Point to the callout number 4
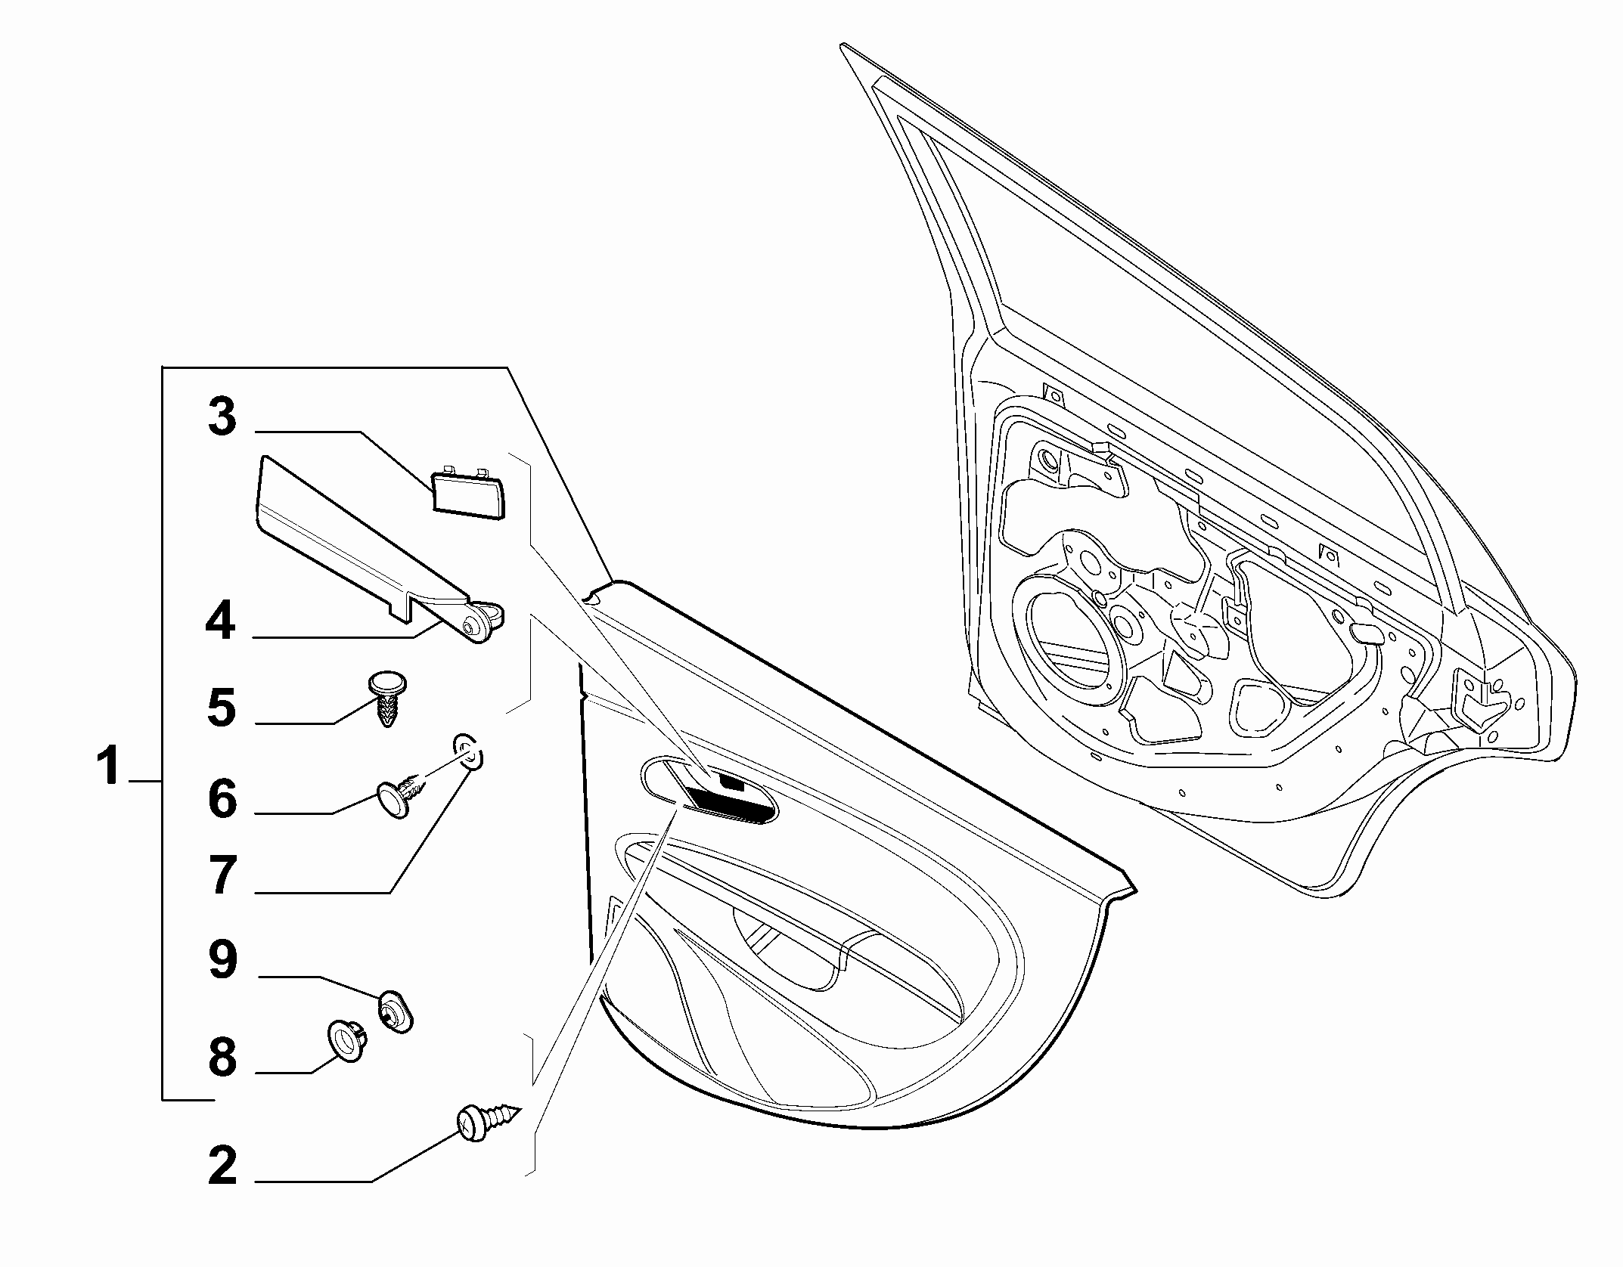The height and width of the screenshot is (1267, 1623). coord(221,621)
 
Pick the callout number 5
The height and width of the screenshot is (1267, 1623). coord(222,708)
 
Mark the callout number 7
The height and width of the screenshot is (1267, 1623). coord(222,875)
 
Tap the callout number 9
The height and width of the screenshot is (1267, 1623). coord(222,959)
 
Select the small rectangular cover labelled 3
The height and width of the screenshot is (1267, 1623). coord(468,491)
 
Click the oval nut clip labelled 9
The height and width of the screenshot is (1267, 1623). coord(396,1010)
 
